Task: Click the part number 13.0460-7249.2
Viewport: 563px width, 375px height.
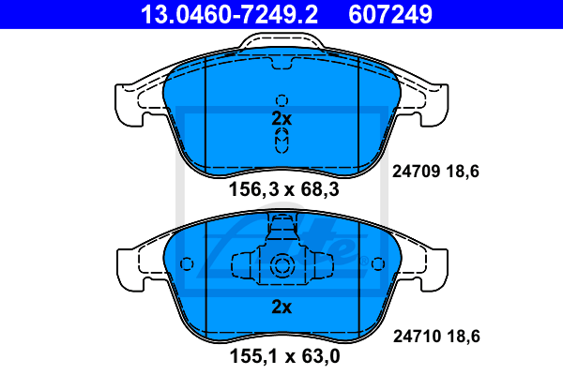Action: [229, 14]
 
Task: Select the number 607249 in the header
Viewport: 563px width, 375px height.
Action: [390, 14]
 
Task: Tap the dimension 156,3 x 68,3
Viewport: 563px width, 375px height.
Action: [283, 189]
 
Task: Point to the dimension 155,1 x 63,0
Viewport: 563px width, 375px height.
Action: [284, 356]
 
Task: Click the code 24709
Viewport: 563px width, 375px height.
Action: [416, 172]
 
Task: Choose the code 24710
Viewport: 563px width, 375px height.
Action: [417, 337]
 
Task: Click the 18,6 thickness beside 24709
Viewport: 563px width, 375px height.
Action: [463, 172]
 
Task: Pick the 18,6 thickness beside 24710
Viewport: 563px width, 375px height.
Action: [464, 337]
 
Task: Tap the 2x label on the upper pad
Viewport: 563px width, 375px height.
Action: [281, 118]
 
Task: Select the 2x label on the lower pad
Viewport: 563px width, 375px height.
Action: [281, 307]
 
